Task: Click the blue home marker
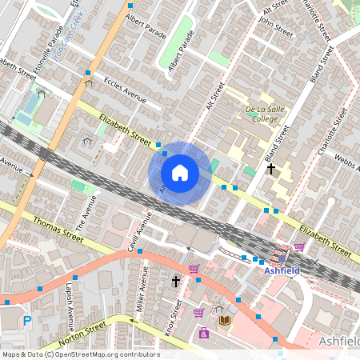pyautogui.click(x=180, y=173)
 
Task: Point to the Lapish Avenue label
pyautogui.click(x=70, y=306)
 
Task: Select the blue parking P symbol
pyautogui.click(x=26, y=321)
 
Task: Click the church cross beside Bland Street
pyautogui.click(x=271, y=169)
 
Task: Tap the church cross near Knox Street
pyautogui.click(x=176, y=282)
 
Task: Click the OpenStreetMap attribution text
pyautogui.click(x=81, y=354)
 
